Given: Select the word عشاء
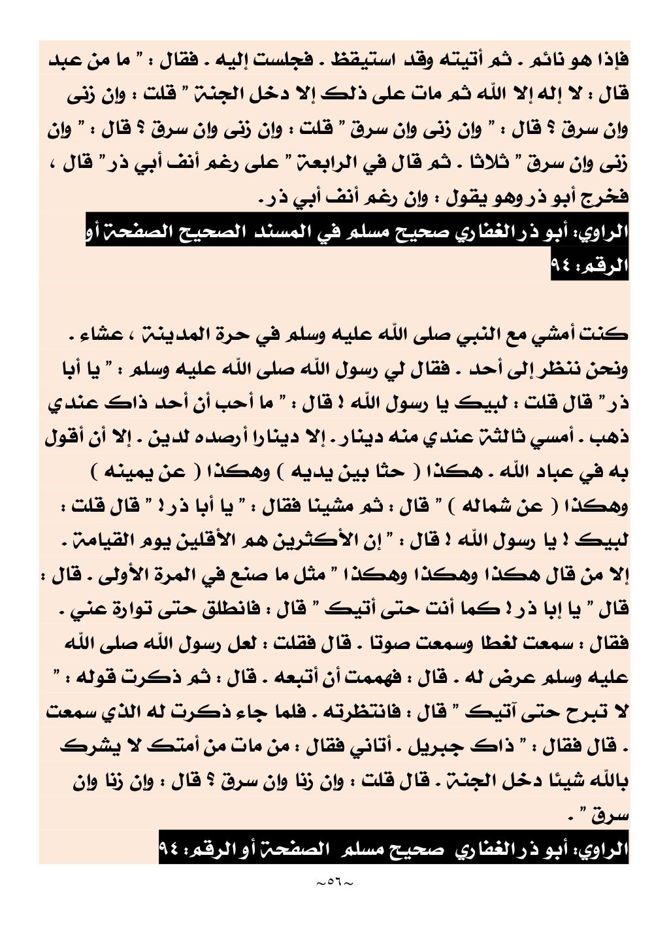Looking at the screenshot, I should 85,335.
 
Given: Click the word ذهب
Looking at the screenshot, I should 609,437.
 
